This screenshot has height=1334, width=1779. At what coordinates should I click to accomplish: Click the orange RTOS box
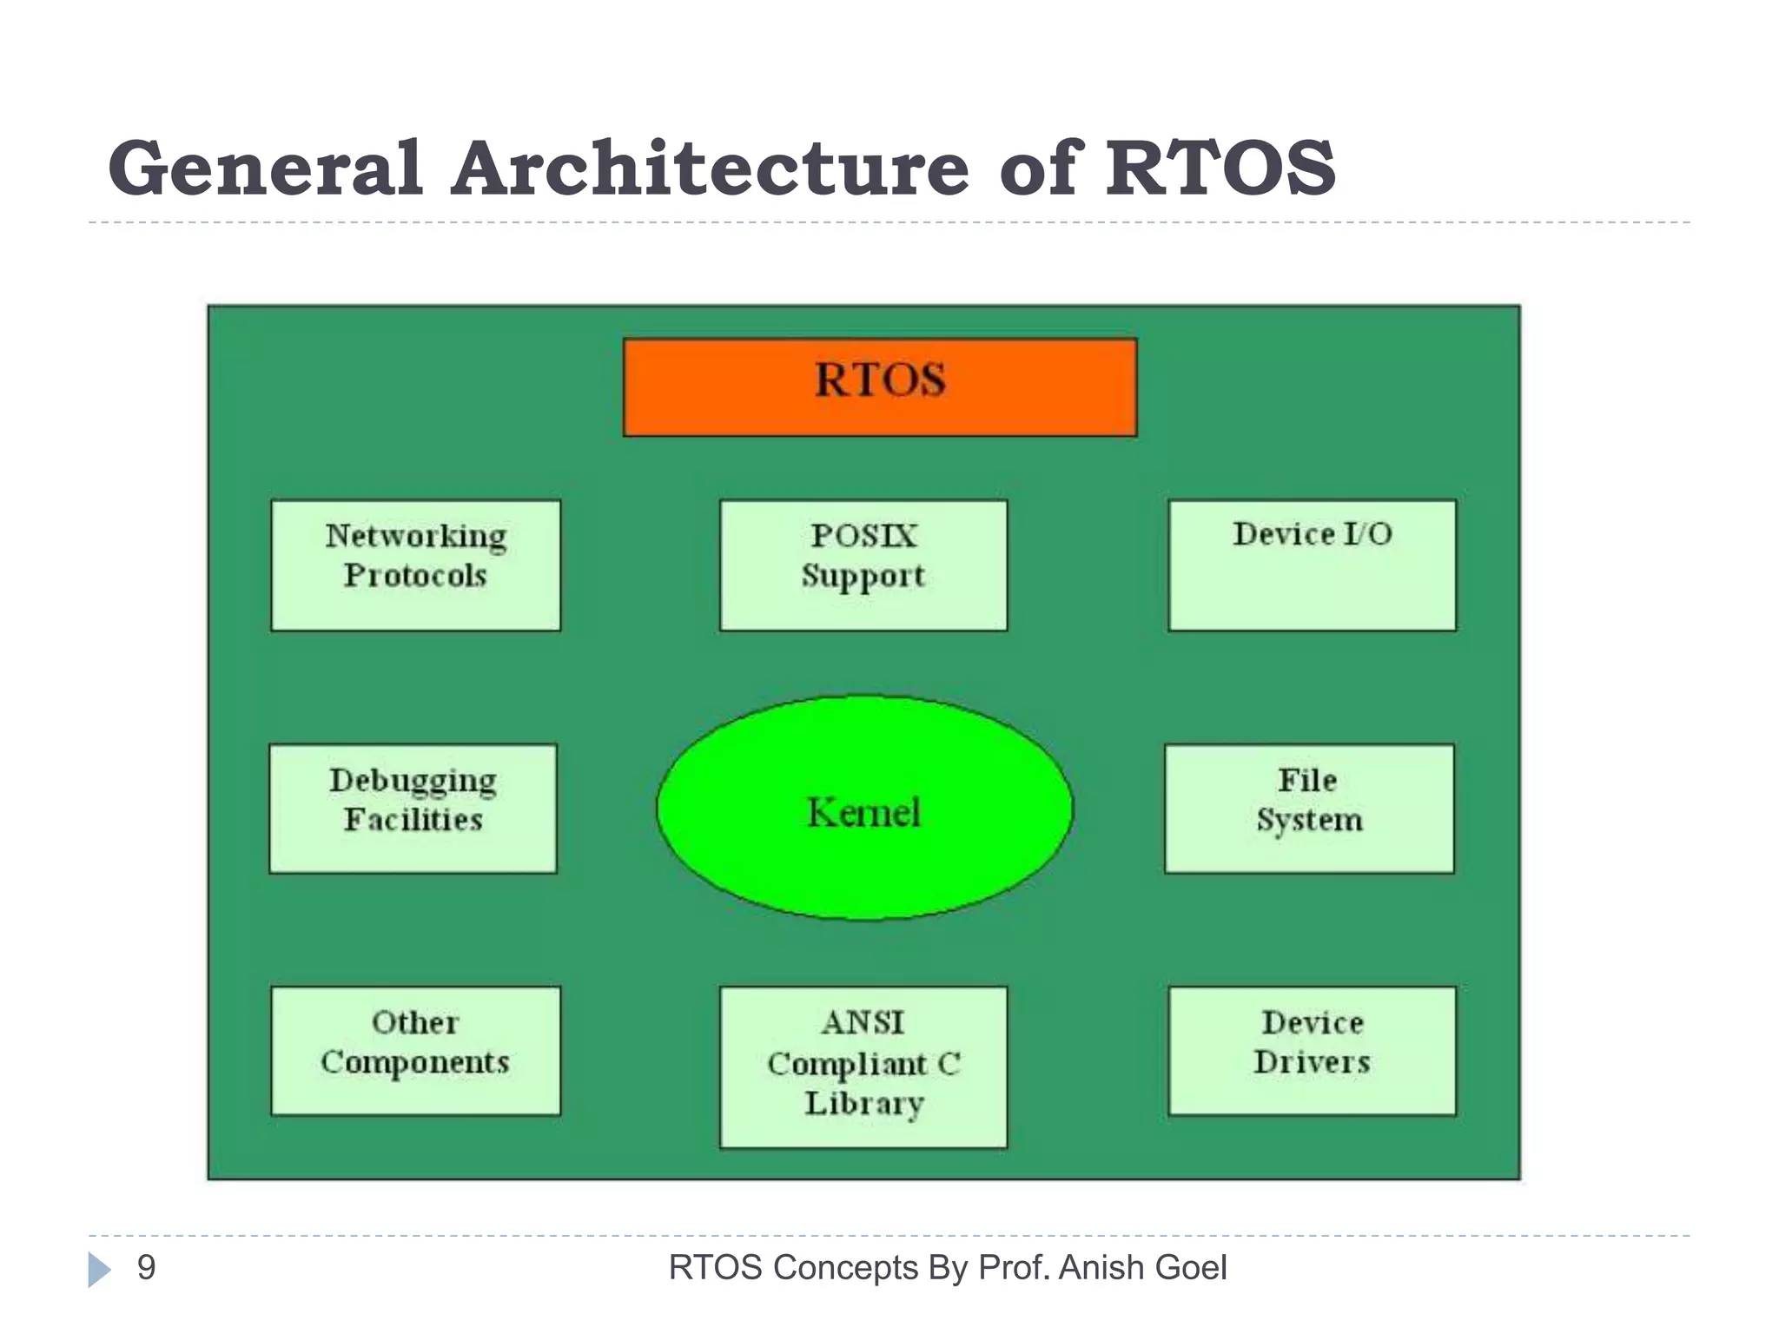click(879, 387)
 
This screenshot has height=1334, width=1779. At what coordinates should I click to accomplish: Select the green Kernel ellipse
click(864, 808)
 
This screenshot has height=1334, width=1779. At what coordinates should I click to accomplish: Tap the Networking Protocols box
click(415, 565)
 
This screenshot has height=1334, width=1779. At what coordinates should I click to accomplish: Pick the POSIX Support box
click(863, 565)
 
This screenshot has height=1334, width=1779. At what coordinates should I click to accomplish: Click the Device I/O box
click(1312, 565)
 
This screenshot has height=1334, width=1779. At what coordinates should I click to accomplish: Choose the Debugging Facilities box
click(413, 808)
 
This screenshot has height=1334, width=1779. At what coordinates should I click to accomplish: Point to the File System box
click(1308, 808)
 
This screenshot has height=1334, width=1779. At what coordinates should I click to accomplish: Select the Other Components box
click(415, 1050)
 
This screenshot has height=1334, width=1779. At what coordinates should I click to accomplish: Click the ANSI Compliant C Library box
click(863, 1067)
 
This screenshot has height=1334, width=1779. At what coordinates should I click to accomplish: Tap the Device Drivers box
click(1312, 1050)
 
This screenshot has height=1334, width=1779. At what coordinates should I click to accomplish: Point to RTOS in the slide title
click(1220, 168)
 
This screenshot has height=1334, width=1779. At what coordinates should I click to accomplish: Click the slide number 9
click(147, 1268)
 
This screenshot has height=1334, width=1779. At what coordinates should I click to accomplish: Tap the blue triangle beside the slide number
click(99, 1270)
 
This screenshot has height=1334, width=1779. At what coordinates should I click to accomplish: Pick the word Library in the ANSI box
click(863, 1104)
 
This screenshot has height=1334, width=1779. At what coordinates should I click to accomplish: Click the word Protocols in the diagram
click(415, 576)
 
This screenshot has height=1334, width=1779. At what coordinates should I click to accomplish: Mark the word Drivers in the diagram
click(1312, 1062)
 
